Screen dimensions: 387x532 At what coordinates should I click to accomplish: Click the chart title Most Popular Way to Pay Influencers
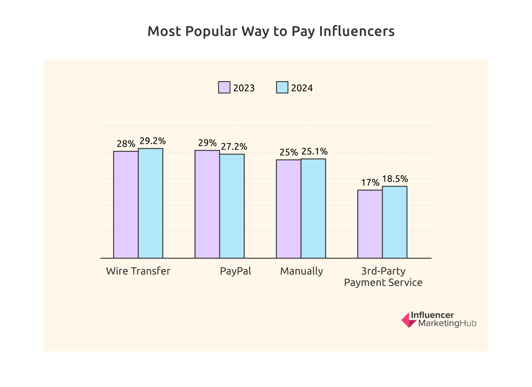(271, 32)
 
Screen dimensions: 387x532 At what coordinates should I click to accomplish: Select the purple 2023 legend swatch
(224, 87)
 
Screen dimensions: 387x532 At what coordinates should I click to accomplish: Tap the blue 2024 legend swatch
(282, 87)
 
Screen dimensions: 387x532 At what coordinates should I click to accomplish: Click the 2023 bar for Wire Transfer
(126, 204)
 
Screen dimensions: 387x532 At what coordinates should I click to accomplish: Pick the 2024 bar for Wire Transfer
(151, 203)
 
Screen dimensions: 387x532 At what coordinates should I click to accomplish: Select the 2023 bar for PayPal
(207, 204)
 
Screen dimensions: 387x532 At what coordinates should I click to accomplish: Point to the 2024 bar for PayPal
(232, 206)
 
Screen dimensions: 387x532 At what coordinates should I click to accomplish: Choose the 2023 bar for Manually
(288, 209)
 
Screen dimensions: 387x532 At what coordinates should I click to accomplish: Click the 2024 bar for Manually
(313, 208)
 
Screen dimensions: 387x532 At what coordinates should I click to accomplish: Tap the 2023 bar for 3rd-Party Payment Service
(370, 224)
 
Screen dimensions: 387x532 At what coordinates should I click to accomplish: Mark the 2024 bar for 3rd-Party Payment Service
(395, 222)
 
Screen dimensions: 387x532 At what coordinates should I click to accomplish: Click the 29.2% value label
(153, 141)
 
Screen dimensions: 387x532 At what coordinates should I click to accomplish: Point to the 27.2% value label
(234, 147)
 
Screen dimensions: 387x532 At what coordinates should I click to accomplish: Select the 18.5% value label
(395, 179)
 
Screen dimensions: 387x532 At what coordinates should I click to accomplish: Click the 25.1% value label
(314, 151)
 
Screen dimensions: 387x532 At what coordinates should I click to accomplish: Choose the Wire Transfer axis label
(138, 271)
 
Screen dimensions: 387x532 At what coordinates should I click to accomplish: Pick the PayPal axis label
(236, 271)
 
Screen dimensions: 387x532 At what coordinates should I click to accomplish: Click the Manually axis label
(302, 271)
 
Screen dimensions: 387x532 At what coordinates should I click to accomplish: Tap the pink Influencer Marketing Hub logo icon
(409, 320)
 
